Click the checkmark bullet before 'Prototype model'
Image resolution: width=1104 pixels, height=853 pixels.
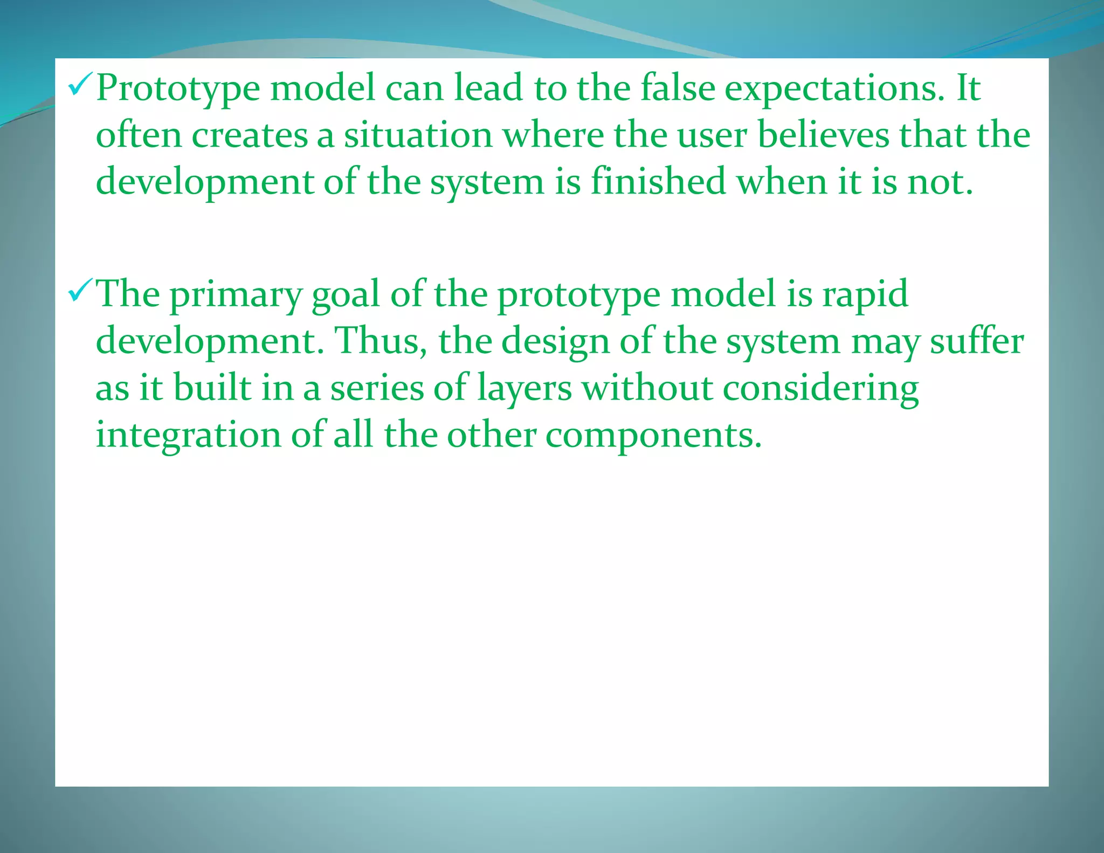[80, 86]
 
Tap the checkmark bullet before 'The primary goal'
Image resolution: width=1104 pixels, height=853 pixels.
[80, 293]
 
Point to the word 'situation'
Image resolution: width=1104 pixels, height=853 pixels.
[418, 135]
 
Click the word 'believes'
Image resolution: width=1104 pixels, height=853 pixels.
[823, 135]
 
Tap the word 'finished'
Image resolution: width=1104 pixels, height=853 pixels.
[658, 182]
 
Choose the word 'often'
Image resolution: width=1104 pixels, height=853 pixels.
[139, 135]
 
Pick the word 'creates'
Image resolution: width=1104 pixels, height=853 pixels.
[250, 135]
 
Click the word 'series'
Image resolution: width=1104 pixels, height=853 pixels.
[377, 389]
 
